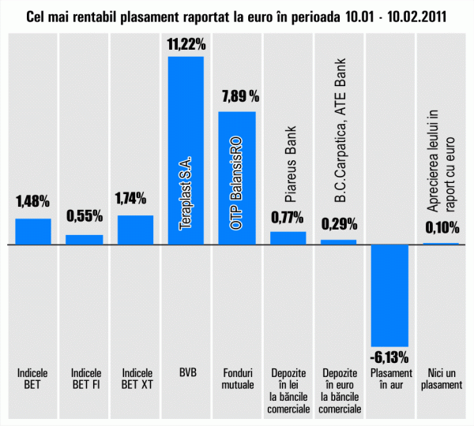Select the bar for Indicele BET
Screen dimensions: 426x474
pos(33,231)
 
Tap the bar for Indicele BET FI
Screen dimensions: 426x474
pos(84,240)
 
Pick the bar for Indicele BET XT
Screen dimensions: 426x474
pos(135,230)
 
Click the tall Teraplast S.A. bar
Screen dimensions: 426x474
pos(186,150)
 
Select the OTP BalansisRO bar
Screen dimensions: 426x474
pos(236,177)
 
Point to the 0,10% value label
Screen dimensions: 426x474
pos(442,228)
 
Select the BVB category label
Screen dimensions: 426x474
pos(186,372)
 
